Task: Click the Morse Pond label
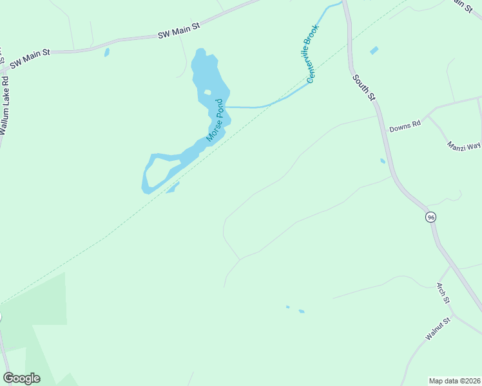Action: coord(215,120)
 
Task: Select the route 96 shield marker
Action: coord(431,217)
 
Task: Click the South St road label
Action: coord(363,86)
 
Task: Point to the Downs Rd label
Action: coord(405,126)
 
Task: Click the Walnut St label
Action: coord(437,328)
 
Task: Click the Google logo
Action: coord(21,378)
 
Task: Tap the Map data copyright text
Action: coord(455,380)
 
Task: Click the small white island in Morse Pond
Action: coord(207,92)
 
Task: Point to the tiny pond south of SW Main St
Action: coord(107,52)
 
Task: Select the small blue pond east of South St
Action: coord(374,50)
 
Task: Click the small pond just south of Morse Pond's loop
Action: coord(172,187)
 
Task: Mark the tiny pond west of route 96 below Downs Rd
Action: coord(383,161)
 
